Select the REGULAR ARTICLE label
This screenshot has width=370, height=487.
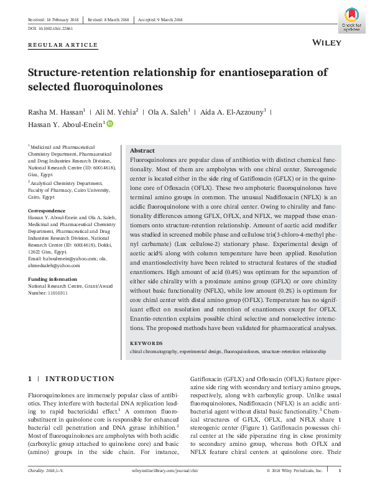[63, 45]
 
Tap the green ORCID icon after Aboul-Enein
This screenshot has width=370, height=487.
[111, 125]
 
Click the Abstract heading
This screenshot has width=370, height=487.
[142, 151]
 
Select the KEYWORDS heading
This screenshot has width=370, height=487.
[146, 344]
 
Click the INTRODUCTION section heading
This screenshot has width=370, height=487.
[80, 379]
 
